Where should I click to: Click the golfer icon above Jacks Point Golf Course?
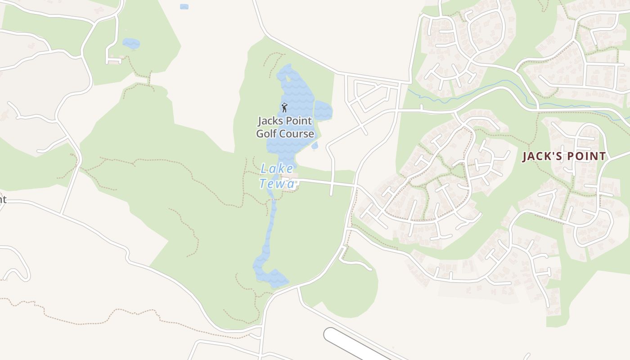pos(284,107)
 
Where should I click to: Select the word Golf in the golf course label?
pos(268,134)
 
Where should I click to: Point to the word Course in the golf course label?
pos(298,134)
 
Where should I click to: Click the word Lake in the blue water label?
pos(277,169)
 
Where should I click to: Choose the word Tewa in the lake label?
pos(277,184)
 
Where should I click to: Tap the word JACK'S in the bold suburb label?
pos(541,157)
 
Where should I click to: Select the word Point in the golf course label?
pos(298,121)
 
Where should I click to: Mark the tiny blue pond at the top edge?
pos(184,6)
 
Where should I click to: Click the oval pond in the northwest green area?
pos(131,44)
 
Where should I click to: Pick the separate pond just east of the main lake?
pos(323,110)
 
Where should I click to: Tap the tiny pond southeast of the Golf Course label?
pos(315,145)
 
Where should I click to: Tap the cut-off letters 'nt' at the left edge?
pos(3,199)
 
